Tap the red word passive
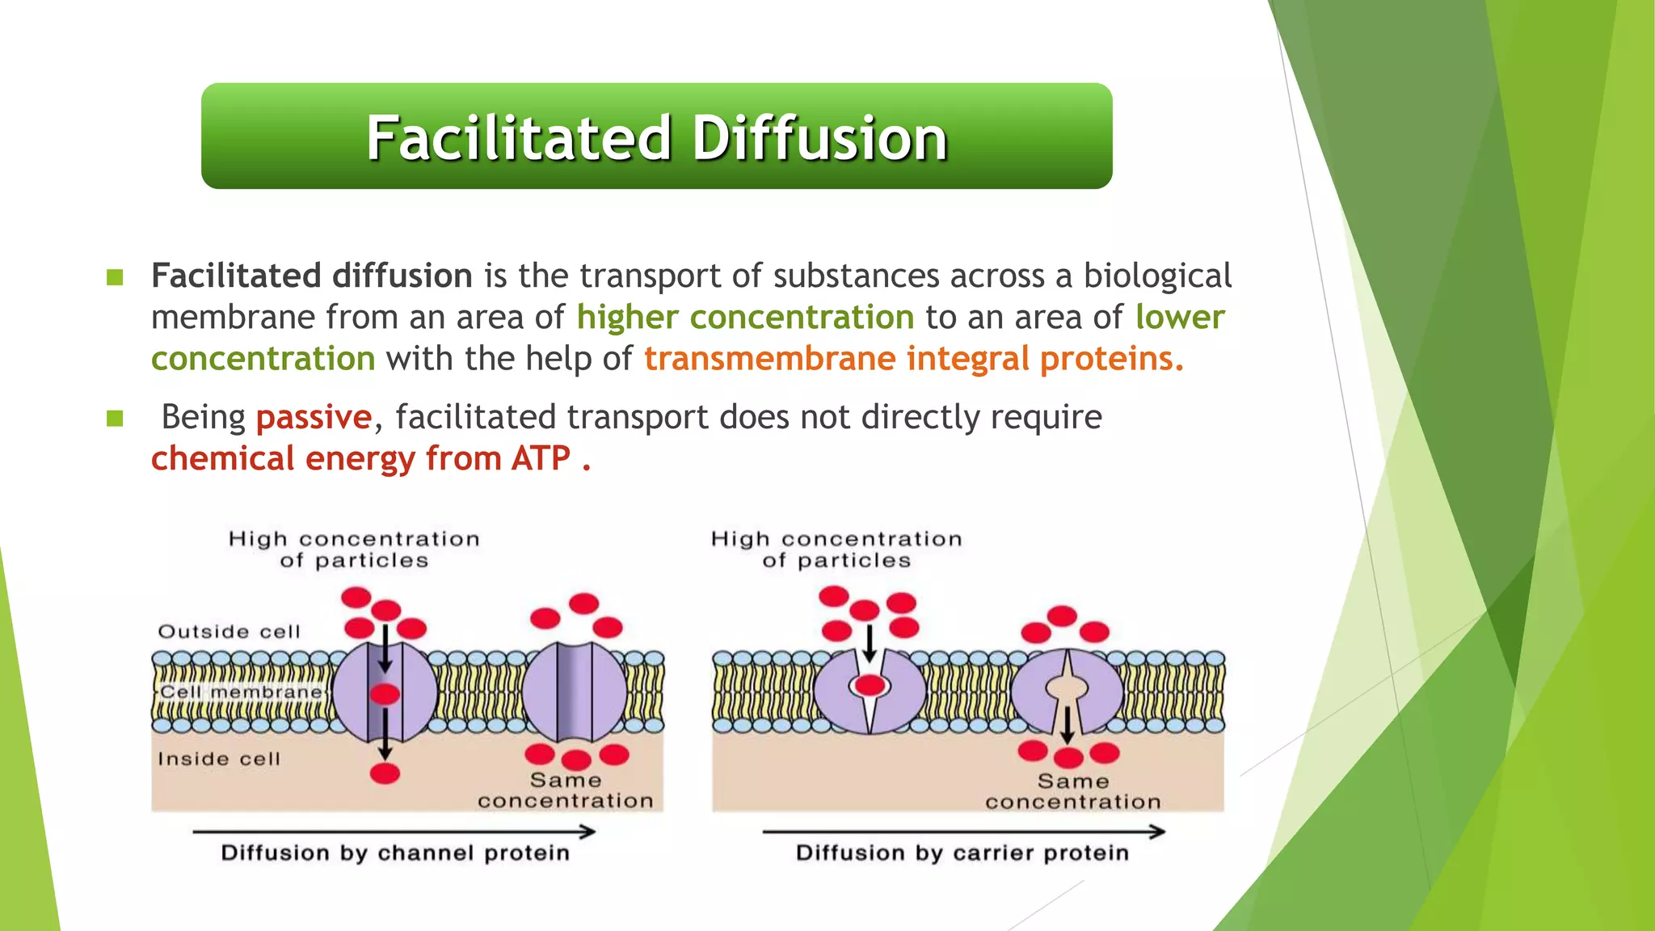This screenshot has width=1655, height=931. tap(314, 418)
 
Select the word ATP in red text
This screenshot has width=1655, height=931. tap(541, 459)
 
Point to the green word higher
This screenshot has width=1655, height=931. tap(627, 318)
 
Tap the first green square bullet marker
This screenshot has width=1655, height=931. tap(115, 278)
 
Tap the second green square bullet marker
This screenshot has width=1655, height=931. tap(115, 419)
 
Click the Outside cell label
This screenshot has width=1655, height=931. tap(229, 632)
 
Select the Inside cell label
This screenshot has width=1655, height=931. tap(219, 759)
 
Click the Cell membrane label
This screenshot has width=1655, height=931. tap(241, 693)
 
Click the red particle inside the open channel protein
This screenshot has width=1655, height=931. tap(385, 693)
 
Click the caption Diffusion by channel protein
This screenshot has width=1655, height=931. tap(395, 853)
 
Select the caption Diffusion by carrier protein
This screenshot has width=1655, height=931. tap(962, 853)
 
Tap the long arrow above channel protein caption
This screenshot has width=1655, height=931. tap(394, 832)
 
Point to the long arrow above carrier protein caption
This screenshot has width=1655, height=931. tap(963, 832)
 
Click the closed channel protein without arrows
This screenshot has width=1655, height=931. tap(574, 692)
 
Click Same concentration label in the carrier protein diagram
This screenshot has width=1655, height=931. tap(1072, 792)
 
